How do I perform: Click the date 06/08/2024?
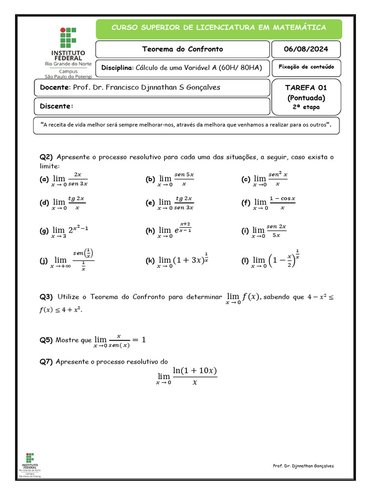(306, 49)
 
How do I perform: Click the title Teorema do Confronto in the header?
(183, 49)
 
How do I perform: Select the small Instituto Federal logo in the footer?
(30, 465)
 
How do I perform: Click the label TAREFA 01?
(306, 87)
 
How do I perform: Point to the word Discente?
(57, 106)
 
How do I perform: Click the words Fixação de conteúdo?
(306, 67)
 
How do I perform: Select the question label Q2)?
(46, 157)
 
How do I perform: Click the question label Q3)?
(46, 297)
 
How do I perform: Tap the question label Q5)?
(46, 340)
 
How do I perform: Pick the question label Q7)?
(46, 362)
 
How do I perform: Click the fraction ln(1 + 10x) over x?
(195, 376)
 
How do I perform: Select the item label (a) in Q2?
(43, 179)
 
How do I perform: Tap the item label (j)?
(43, 261)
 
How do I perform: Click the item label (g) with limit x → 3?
(43, 231)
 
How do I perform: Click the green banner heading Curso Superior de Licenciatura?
(219, 28)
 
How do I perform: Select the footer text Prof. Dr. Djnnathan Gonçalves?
(303, 466)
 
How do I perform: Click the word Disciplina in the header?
(116, 68)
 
